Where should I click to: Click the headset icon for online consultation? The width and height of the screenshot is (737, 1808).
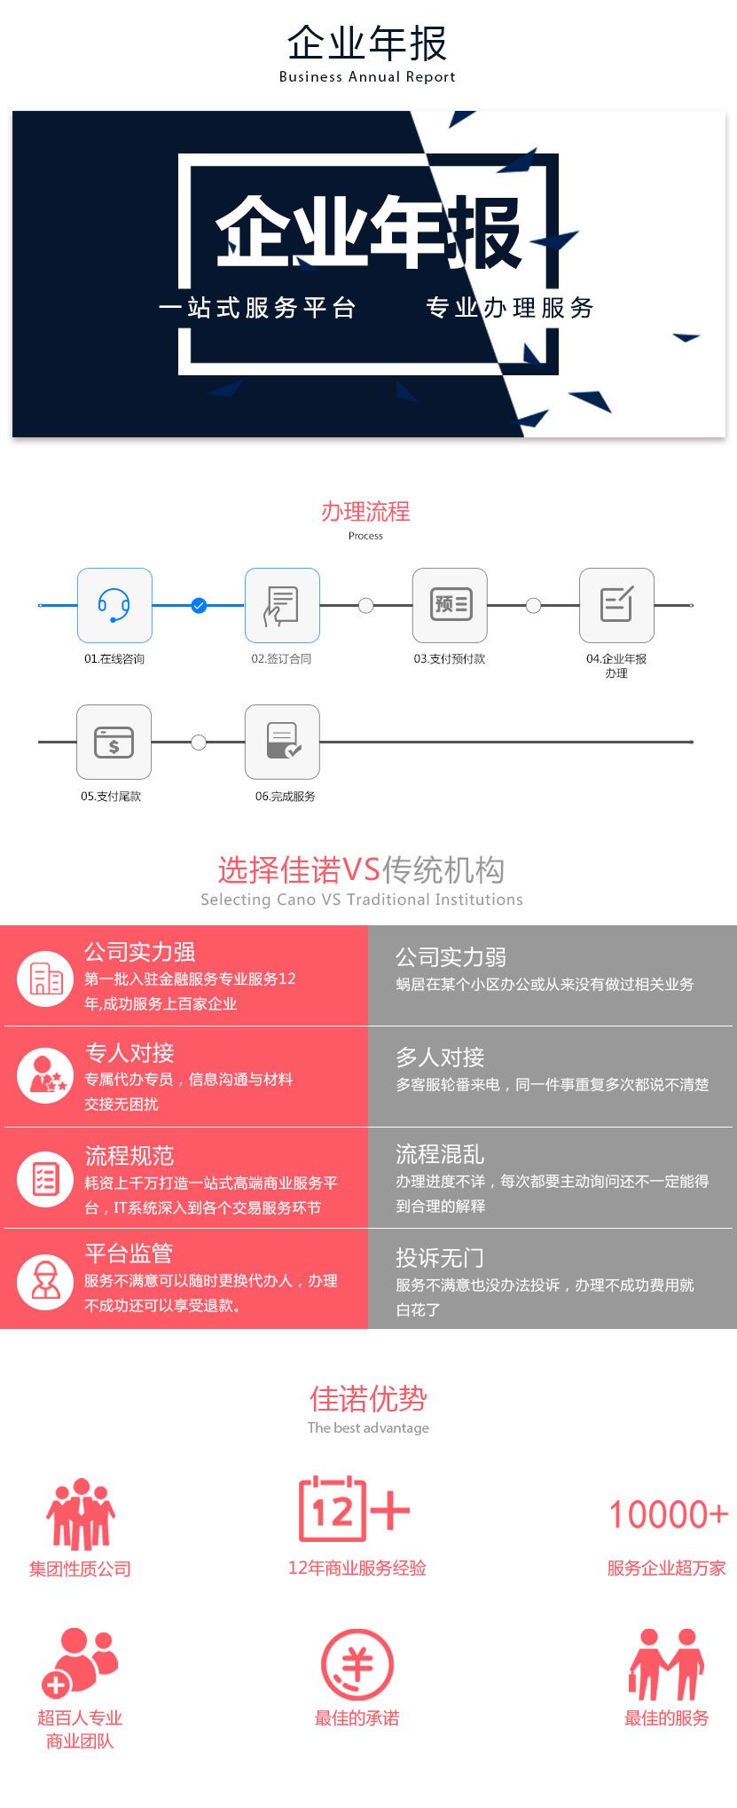(x=114, y=605)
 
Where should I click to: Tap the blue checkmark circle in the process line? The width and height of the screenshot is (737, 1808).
(x=199, y=606)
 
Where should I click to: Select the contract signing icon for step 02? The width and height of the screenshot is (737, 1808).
(x=282, y=605)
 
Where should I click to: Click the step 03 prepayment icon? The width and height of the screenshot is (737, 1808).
(x=450, y=605)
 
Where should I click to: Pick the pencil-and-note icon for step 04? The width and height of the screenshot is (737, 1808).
(x=616, y=605)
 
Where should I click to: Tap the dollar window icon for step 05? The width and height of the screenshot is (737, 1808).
(x=114, y=742)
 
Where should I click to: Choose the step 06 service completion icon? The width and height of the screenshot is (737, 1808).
(x=282, y=742)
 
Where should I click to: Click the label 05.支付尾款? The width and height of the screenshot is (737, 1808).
(x=111, y=796)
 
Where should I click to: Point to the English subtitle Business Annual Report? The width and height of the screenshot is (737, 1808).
(x=367, y=77)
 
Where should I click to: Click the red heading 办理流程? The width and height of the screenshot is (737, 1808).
(x=365, y=511)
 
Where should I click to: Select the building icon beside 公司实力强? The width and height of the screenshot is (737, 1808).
(x=45, y=979)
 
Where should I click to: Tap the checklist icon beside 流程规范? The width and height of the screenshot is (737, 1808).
(x=45, y=1179)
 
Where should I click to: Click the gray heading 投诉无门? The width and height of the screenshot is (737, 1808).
(x=440, y=1257)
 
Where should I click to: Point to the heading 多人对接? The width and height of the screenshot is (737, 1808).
(x=440, y=1057)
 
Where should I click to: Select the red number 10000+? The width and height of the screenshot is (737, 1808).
(x=668, y=1514)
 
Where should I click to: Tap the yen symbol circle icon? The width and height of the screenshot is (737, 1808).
(x=357, y=1664)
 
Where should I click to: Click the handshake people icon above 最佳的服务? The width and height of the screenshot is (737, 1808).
(x=666, y=1664)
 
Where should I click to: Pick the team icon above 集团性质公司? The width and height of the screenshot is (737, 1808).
(x=81, y=1513)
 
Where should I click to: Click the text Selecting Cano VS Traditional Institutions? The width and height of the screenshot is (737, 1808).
(x=362, y=900)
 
